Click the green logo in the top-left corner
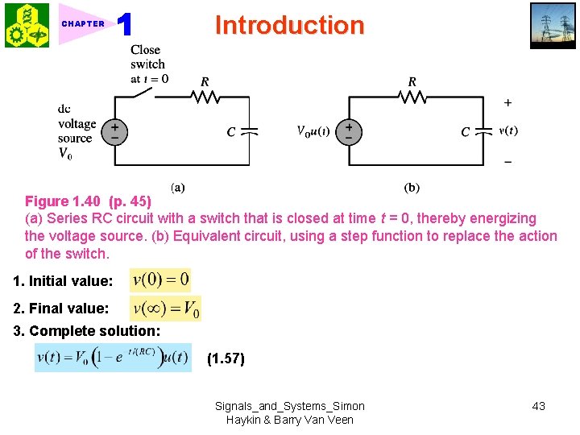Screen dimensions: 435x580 pyautogui.click(x=27, y=25)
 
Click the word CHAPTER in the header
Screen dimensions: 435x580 pyautogui.click(x=83, y=23)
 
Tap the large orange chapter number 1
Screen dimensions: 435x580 pyautogui.click(x=125, y=25)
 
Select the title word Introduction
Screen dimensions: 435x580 pyautogui.click(x=289, y=25)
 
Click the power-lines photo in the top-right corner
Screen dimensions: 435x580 pyautogui.click(x=553, y=26)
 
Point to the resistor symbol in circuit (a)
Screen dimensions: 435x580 pyautogui.click(x=205, y=97)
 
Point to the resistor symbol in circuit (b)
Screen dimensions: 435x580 pyautogui.click(x=412, y=97)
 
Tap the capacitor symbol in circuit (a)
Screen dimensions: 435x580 pyautogui.click(x=249, y=130)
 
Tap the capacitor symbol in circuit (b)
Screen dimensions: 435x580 pyautogui.click(x=484, y=130)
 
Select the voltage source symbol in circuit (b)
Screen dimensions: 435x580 pyautogui.click(x=348, y=131)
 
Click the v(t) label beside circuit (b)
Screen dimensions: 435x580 pyautogui.click(x=508, y=130)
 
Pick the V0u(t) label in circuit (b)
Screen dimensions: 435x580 pyautogui.click(x=313, y=131)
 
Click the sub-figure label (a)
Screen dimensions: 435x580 pyautogui.click(x=177, y=188)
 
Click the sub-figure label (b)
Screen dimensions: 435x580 pyautogui.click(x=412, y=188)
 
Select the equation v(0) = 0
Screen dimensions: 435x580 pyautogui.click(x=160, y=280)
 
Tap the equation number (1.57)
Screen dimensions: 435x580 pyautogui.click(x=226, y=359)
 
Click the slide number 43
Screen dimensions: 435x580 pyautogui.click(x=538, y=406)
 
